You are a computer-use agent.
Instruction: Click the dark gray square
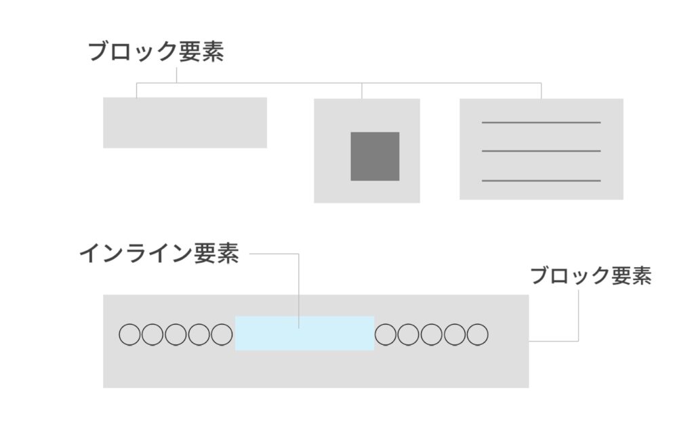coord(375,157)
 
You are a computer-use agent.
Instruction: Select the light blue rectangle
coord(304,333)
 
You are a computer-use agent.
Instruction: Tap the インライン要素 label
coord(159,254)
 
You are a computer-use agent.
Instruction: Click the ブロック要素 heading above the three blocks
coord(156,52)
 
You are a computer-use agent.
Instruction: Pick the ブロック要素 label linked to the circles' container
coord(590,276)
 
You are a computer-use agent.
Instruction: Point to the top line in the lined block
coord(541,123)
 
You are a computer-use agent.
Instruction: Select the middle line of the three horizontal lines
coord(541,151)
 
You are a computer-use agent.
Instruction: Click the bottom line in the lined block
coord(541,181)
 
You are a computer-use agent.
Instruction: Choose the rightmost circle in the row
coord(477,334)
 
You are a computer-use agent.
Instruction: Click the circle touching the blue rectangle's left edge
coord(222,334)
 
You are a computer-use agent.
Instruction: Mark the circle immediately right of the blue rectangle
coord(386,334)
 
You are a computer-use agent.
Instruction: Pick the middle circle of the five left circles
coord(176,334)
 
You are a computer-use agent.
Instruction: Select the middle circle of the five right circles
coord(431,334)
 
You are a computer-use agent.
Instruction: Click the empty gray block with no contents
coord(184,123)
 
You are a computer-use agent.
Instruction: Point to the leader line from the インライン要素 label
coord(298,285)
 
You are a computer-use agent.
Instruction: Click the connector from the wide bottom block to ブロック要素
coord(577,319)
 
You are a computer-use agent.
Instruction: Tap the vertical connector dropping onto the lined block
coord(541,91)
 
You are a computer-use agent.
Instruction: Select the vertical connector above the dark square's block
coord(362,91)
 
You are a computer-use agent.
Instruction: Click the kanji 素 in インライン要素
coord(228,254)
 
